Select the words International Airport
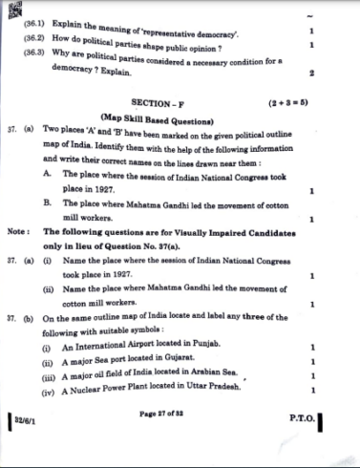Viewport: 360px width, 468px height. point(111,345)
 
